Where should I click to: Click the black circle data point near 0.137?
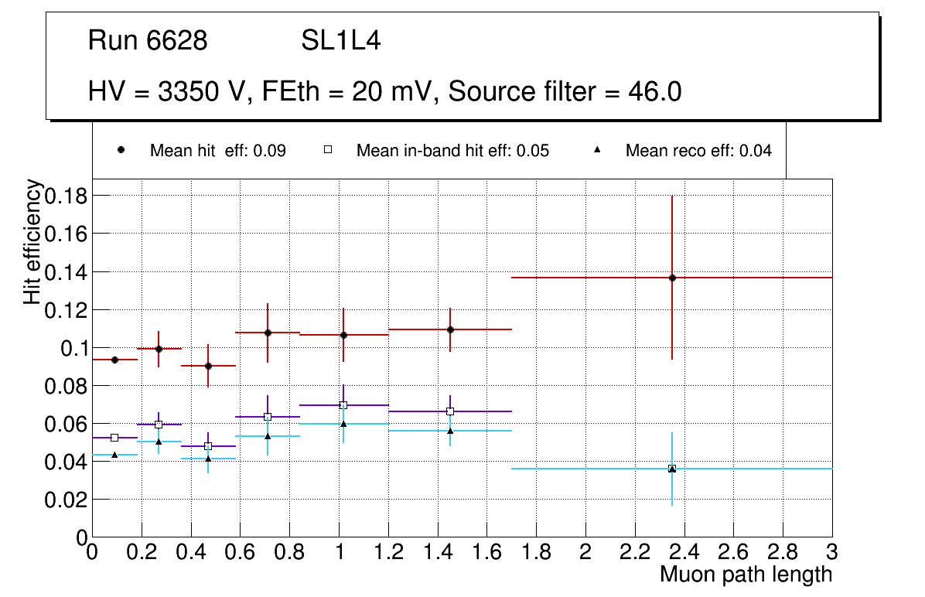pos(672,278)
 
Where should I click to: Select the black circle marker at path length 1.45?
pos(450,329)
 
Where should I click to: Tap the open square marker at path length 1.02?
pos(343,405)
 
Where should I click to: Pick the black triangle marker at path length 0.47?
pos(208,459)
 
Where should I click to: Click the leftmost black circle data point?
pos(114,360)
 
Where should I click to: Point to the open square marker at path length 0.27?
pos(159,425)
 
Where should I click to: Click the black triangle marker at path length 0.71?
pos(268,436)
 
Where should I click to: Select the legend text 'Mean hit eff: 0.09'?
pos(217,151)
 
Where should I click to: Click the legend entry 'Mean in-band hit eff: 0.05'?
pos(452,151)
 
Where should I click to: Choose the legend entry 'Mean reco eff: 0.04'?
pos(698,151)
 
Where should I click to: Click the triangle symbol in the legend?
pos(596,150)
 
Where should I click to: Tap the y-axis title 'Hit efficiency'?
pos(33,242)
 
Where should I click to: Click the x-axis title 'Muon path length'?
pos(746,575)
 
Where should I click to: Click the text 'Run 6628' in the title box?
pos(148,41)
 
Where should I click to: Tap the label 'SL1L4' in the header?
pos(341,41)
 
